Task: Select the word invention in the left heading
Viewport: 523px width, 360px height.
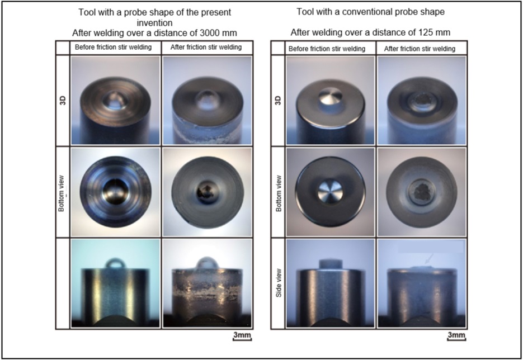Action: [154, 23]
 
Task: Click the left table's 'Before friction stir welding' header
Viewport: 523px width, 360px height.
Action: [113, 47]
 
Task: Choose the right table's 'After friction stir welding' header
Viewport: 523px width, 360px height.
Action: [420, 49]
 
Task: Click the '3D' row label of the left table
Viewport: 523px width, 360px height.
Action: [63, 100]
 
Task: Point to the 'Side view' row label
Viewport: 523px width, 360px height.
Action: [279, 283]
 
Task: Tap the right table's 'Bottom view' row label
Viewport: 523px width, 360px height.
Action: [279, 193]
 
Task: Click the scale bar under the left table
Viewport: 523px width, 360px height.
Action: [242, 340]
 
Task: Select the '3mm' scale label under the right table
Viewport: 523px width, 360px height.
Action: [456, 335]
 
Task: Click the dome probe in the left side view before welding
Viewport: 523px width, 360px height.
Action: [116, 263]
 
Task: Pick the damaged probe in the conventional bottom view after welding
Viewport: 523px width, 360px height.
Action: [422, 192]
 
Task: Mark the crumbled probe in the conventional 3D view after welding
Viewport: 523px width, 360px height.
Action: [422, 100]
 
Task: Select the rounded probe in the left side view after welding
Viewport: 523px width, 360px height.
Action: [207, 262]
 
